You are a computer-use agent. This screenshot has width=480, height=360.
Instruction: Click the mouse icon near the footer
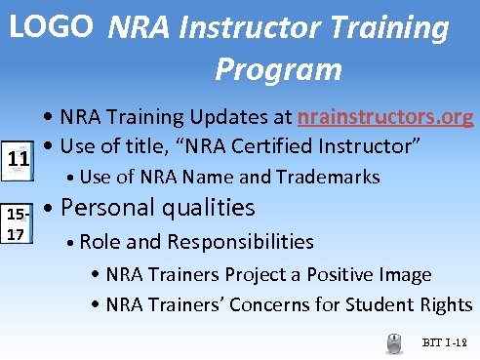(395, 341)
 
